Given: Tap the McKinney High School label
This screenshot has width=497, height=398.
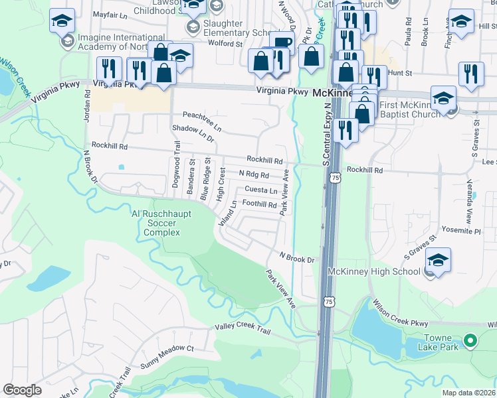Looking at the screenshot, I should (374, 271).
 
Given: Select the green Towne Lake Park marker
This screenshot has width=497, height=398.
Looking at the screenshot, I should (471, 342).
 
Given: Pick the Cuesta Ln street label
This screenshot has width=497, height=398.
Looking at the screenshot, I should (261, 190).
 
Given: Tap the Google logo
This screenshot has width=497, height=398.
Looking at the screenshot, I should (22, 390).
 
